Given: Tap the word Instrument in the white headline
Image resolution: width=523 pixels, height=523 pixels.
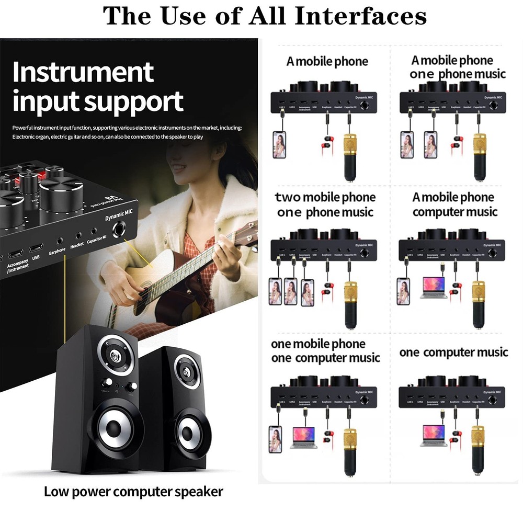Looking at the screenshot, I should pos(83,72).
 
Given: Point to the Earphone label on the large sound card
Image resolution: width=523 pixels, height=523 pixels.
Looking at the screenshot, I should pos(57,250).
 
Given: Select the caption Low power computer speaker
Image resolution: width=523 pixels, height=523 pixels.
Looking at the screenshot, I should pos(133,492).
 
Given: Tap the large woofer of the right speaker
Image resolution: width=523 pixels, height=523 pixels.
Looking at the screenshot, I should pos(187,431).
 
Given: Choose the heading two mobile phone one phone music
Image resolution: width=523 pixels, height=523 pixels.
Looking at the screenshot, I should pos(325,204).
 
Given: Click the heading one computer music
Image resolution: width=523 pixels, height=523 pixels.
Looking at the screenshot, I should pos(453,353).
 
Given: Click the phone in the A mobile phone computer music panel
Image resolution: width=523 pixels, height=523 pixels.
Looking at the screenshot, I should pos(403,291).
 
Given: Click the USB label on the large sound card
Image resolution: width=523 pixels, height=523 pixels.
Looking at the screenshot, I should pos(36,257).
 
